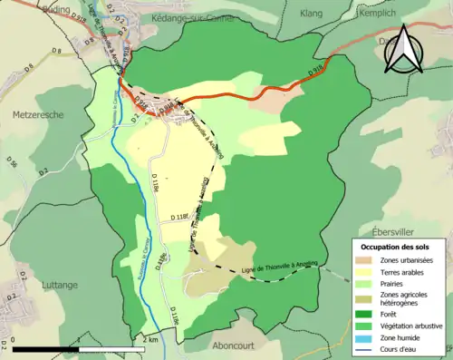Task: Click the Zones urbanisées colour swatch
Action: click(x=367, y=261)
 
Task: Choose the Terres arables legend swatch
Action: click(x=367, y=273)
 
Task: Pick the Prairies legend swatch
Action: click(x=367, y=285)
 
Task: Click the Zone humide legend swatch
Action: click(x=367, y=337)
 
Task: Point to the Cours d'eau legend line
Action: click(x=367, y=349)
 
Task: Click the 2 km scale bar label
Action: click(x=150, y=338)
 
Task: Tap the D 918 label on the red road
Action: click(x=316, y=70)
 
